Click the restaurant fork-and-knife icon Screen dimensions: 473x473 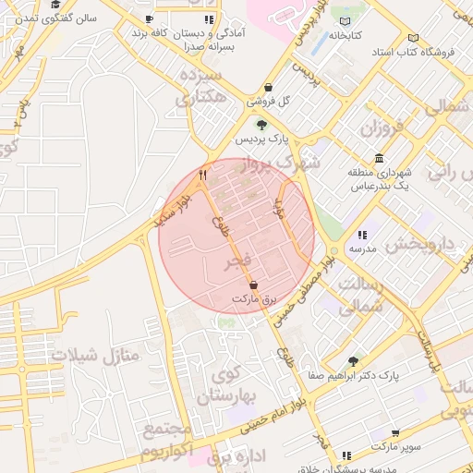(203, 173)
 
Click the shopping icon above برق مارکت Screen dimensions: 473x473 (253, 285)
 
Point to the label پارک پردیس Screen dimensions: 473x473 (261, 139)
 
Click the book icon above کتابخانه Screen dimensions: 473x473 (346, 21)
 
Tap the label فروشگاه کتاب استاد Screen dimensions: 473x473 (415, 53)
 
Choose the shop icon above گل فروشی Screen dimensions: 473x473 (268, 86)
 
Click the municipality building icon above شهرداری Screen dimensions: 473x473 (380, 158)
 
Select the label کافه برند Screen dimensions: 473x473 (153, 32)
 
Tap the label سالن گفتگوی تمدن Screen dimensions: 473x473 (55, 19)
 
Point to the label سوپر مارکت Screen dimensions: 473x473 (395, 446)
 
